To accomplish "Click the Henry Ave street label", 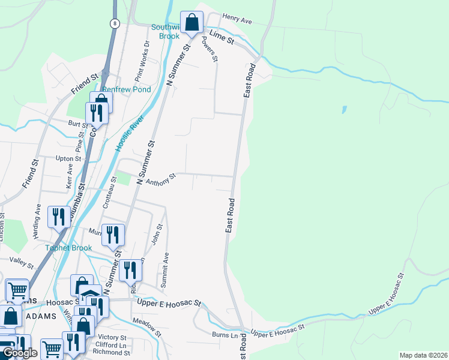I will pos(237,19).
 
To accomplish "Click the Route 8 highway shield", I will pos(114,23).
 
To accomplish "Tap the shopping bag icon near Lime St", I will pos(191,23).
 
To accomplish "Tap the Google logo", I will pos(20,353).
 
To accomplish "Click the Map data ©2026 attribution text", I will pos(423,355).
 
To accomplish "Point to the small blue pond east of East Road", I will pos(344,110).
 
